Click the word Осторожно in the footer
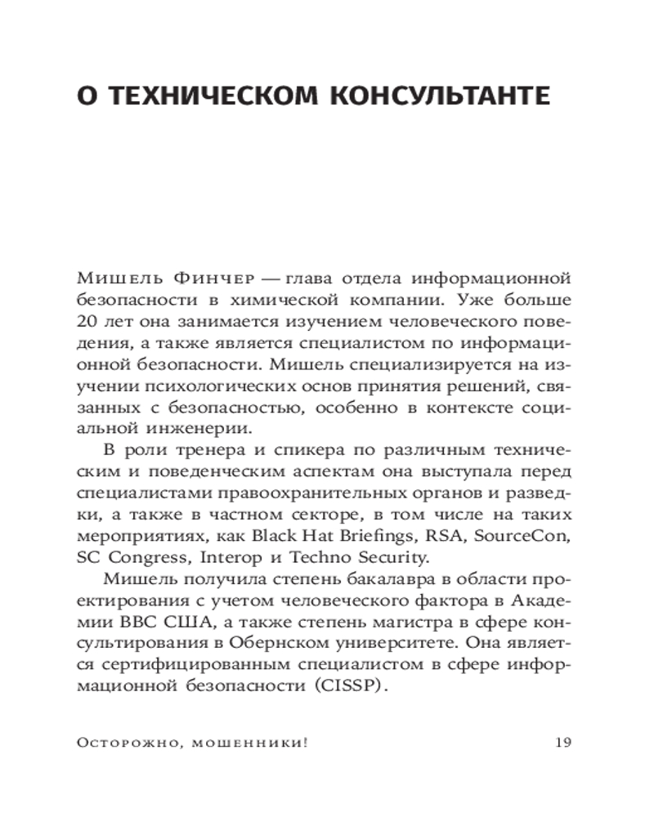[x=118, y=743]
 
